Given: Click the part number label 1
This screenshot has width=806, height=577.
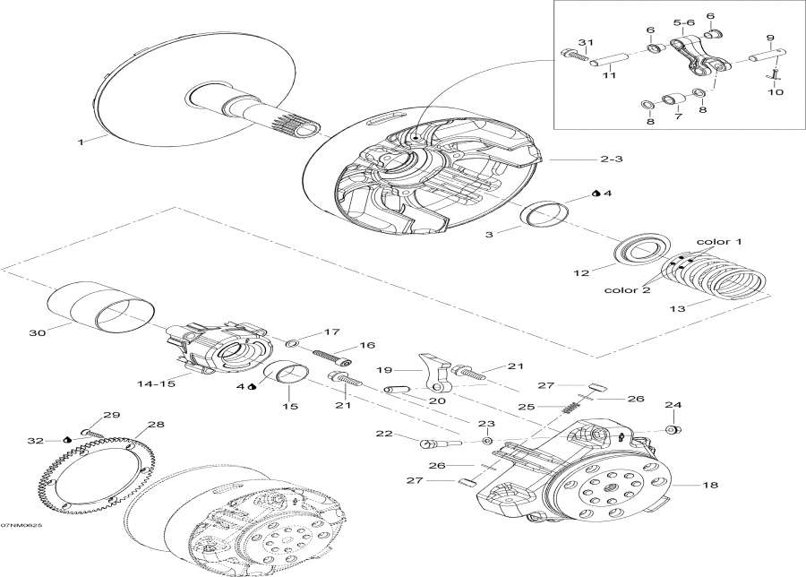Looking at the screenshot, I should [x=80, y=142].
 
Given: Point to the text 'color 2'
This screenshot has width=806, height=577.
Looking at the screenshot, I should [x=620, y=289].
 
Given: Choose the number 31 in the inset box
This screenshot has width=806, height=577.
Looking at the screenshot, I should [x=585, y=43].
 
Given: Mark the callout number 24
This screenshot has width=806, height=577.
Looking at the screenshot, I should [x=673, y=405].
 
